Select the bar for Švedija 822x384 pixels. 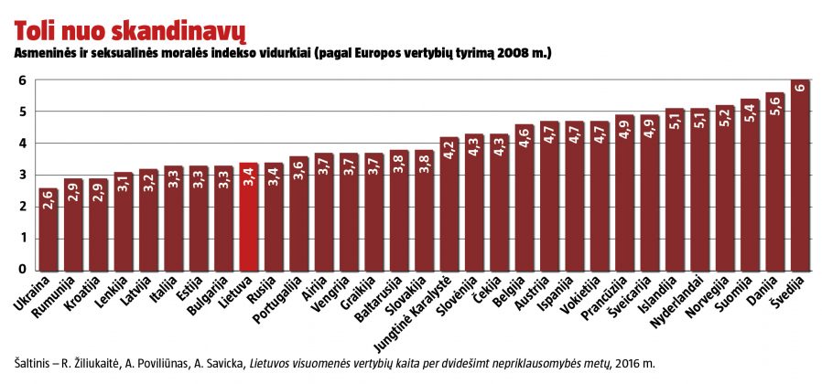[x=800, y=176]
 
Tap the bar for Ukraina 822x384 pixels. [x=49, y=229]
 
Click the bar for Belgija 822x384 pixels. [x=525, y=197]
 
